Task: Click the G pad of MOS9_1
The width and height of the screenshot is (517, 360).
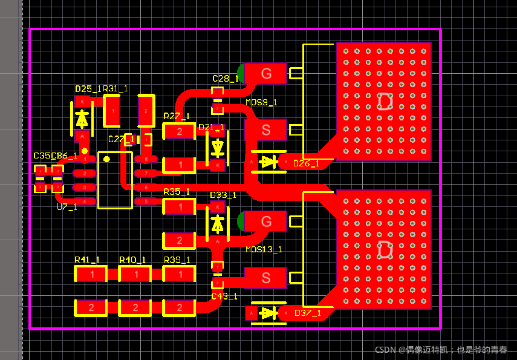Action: (x=265, y=74)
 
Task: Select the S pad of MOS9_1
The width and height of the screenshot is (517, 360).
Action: (x=265, y=129)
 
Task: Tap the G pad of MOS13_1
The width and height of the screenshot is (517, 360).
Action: (x=265, y=221)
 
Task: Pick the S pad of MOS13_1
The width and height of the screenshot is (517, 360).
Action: (x=265, y=278)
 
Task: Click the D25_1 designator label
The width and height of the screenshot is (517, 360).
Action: (x=88, y=89)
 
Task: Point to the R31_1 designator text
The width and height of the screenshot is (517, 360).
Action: (x=115, y=89)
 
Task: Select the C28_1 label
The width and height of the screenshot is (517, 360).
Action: (x=226, y=79)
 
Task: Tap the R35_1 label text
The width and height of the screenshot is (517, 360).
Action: (x=177, y=192)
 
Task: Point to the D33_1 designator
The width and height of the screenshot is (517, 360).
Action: (x=223, y=195)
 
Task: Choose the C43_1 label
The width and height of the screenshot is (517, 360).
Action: (x=224, y=296)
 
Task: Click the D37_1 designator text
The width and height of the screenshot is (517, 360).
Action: (x=307, y=313)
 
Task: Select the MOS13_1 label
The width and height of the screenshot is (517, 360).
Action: (x=264, y=249)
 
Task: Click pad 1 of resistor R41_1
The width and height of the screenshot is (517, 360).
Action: (x=91, y=275)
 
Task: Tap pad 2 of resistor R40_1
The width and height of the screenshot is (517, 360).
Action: (x=135, y=308)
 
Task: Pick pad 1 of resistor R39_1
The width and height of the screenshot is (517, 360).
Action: (x=179, y=275)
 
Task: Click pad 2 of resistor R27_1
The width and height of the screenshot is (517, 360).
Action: (x=179, y=131)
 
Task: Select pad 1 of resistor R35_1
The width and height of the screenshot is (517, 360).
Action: (x=179, y=207)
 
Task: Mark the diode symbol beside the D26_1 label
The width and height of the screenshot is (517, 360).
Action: (x=268, y=162)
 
